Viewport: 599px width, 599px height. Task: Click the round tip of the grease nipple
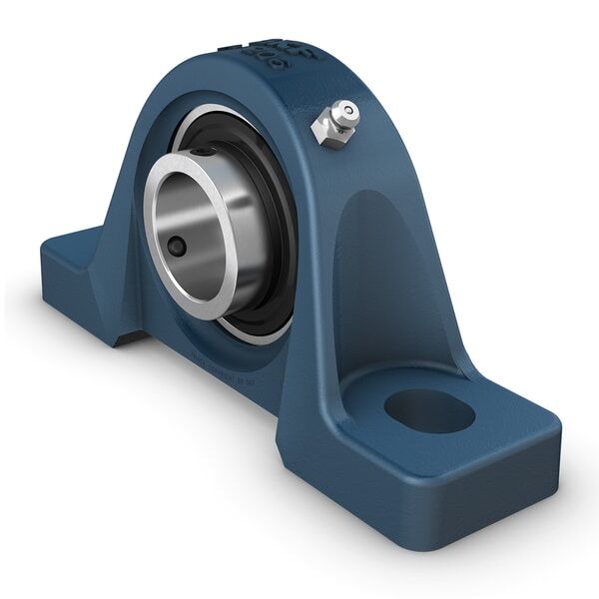(x=346, y=110)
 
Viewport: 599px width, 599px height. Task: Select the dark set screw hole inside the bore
(x=176, y=247)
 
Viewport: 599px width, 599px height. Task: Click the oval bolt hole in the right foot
(x=428, y=410)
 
